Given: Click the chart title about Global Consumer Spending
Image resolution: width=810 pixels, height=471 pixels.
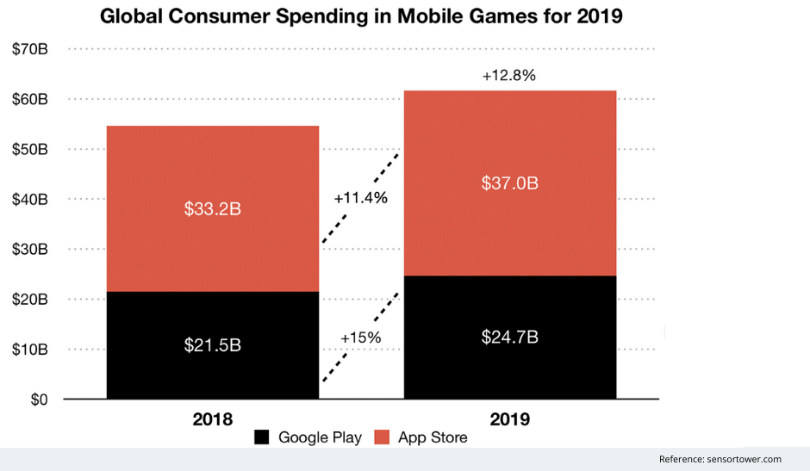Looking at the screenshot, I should pos(361,16).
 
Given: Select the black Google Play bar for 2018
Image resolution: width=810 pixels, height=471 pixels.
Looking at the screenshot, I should pos(212,370).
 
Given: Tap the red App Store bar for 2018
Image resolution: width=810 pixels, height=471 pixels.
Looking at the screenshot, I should pos(212,172).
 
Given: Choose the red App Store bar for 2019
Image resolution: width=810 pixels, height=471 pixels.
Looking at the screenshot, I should pos(509,138).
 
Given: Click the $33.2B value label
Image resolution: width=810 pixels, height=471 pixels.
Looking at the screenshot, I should pos(212,209).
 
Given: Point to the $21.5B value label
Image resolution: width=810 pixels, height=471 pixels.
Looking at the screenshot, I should pos(212,345).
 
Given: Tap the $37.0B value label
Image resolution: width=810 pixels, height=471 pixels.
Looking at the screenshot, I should pos(509,183).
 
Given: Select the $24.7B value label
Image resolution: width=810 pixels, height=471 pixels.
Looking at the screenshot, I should pos(509,337).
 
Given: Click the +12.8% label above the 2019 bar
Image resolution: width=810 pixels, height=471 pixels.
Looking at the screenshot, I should pos(508,76).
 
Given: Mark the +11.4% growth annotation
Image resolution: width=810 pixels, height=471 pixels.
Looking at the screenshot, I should pos(360,198).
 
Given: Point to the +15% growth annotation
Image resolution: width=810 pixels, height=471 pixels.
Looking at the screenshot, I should pos(360,338).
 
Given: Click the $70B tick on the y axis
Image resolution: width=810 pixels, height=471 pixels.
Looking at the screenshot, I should pos(29,49).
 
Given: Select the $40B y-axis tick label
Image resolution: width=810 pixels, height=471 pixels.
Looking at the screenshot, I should pos(29,200).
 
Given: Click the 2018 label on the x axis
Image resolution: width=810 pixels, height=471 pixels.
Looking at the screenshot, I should pos(212,419).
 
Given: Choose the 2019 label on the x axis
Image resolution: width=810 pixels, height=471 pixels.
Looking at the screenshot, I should pos(509,419).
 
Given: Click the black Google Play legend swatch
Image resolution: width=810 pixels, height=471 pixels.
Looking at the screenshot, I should pos(262,437).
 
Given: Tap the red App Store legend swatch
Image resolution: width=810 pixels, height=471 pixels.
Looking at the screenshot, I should pos(382,437).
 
